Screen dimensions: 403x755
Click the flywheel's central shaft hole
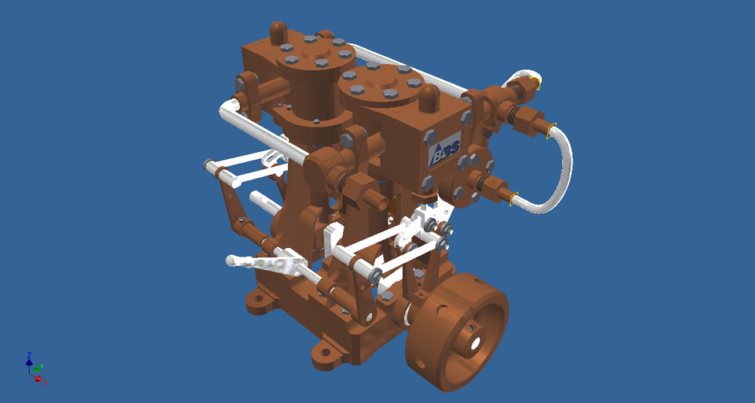[476, 341]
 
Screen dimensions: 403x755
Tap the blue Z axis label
[28, 355]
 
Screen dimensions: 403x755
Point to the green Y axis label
[40, 367]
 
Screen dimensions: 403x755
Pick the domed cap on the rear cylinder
[278, 33]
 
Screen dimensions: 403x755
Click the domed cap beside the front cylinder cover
[429, 98]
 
